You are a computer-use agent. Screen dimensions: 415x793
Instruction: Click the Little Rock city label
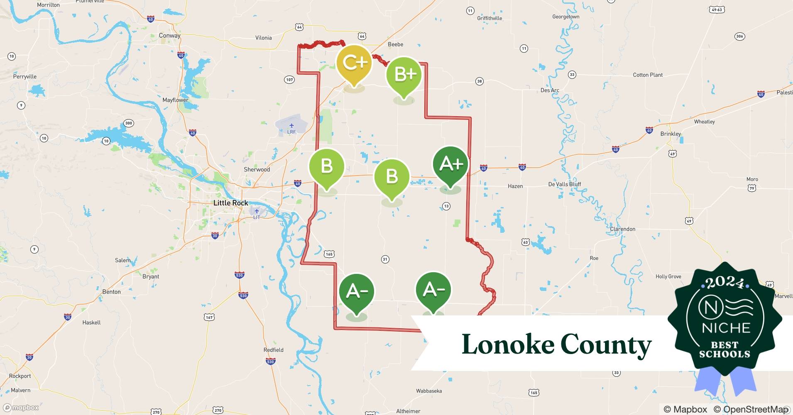pyautogui.click(x=230, y=203)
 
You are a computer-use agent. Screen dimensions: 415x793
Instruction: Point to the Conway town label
pyautogui.click(x=169, y=36)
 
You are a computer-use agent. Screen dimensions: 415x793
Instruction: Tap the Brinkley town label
pyautogui.click(x=671, y=134)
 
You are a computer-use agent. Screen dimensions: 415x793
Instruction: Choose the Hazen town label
pyautogui.click(x=515, y=186)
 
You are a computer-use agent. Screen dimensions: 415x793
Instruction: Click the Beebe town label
pyautogui.click(x=395, y=44)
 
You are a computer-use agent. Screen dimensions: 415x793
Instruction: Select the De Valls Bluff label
pyautogui.click(x=565, y=184)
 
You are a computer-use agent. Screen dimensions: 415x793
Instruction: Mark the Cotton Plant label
pyautogui.click(x=648, y=75)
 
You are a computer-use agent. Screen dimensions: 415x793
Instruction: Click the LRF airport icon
pyautogui.click(x=291, y=126)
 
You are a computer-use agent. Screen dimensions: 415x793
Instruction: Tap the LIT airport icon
pyautogui.click(x=257, y=211)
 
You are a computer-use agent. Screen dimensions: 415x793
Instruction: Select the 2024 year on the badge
pyautogui.click(x=724, y=283)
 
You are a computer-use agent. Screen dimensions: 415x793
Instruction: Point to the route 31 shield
pyautogui.click(x=385, y=259)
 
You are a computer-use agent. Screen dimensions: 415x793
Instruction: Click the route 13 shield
pyautogui.click(x=446, y=206)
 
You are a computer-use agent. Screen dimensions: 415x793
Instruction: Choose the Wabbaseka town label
pyautogui.click(x=429, y=391)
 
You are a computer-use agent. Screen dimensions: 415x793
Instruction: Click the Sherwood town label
pyautogui.click(x=257, y=170)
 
